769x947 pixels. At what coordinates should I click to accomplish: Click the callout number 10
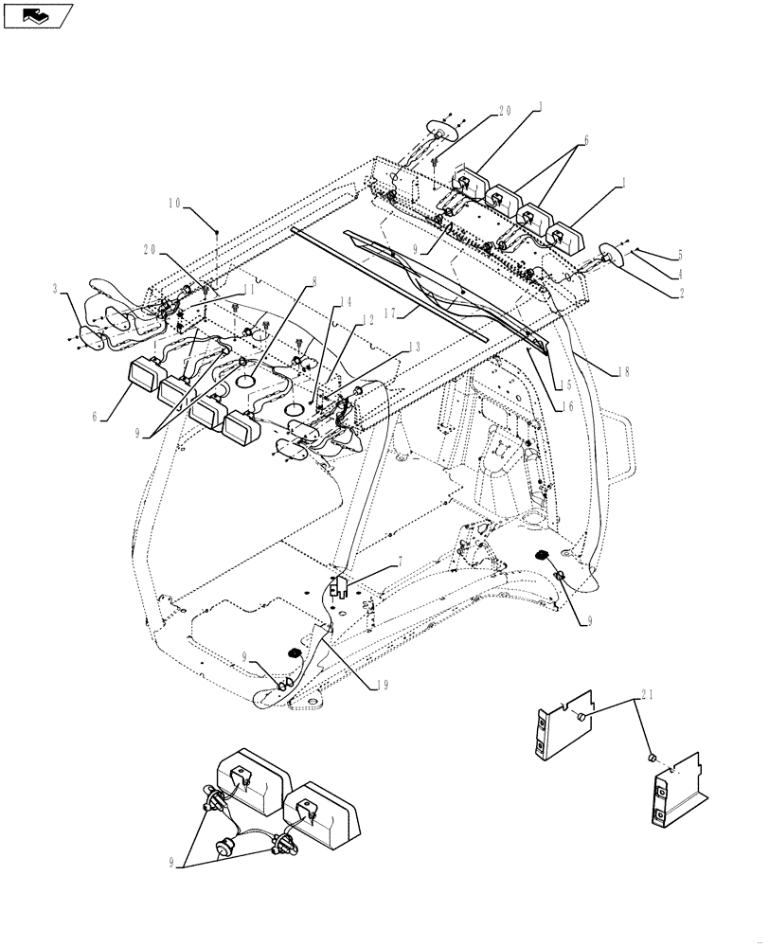[x=175, y=203]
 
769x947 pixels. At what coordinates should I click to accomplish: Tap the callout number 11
[x=248, y=291]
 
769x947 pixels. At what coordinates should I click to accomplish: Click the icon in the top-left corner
[x=38, y=14]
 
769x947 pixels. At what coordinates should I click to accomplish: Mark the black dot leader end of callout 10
[x=218, y=231]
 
